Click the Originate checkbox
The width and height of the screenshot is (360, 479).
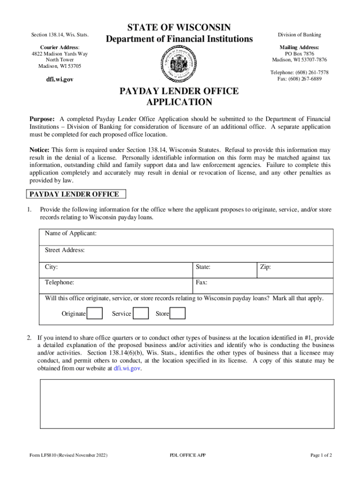tap(95, 313)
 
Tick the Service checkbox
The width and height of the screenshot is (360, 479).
tap(141, 313)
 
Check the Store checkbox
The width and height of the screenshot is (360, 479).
tap(177, 313)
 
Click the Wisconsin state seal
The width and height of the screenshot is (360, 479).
tap(180, 65)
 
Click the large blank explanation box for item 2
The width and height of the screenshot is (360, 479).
tap(186, 403)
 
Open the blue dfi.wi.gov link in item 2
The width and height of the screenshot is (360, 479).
tap(127, 368)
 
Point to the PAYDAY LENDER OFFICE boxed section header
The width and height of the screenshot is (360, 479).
tap(75, 194)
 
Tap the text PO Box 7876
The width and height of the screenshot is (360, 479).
tap(299, 54)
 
